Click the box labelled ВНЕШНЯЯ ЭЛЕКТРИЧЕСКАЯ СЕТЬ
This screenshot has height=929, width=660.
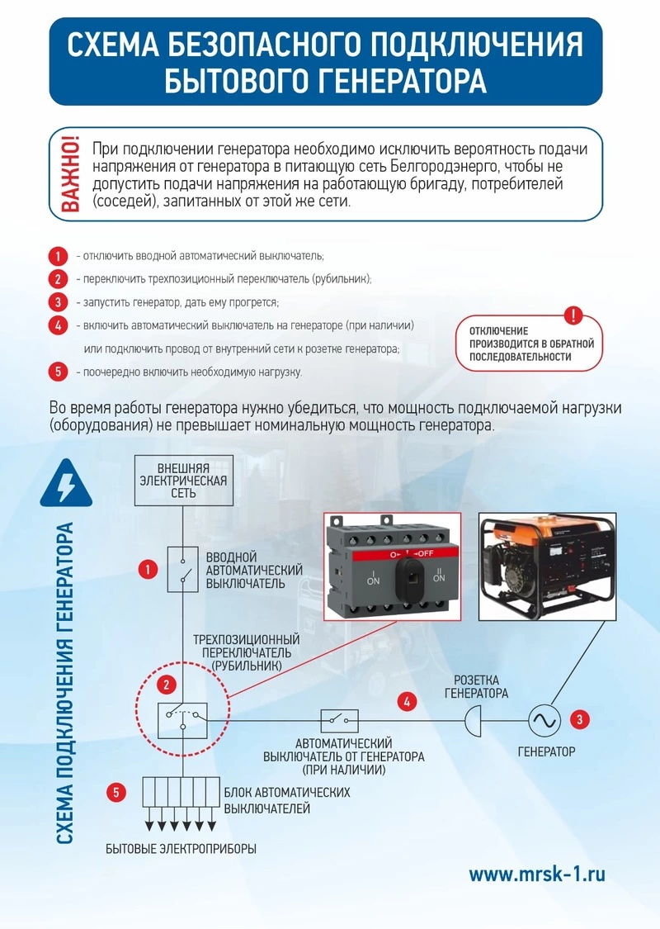coord(182,479)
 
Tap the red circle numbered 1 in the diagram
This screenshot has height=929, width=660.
coord(148,569)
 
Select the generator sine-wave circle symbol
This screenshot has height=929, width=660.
coord(544,719)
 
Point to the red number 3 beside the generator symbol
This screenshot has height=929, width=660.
coord(582,719)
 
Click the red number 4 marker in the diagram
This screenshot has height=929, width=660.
coord(406,702)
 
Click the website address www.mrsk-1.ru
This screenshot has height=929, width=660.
coord(537,874)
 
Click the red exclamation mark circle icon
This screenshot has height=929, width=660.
coord(574,315)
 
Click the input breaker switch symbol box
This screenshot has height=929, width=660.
coord(182,569)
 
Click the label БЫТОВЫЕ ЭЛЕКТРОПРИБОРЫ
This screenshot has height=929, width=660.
coord(181,849)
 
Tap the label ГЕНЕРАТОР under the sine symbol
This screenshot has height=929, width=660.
coord(546,752)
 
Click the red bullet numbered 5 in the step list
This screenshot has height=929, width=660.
coord(57,372)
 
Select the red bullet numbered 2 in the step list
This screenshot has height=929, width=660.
coord(57,278)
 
